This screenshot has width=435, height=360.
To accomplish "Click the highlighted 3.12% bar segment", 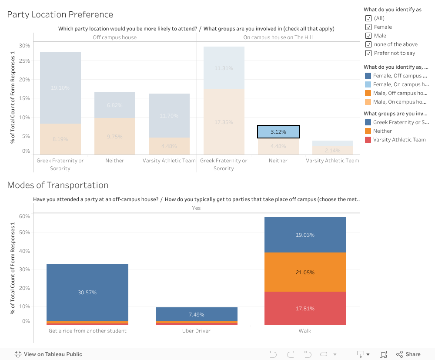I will click(278, 132).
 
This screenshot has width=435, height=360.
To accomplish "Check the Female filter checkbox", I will click(368, 27).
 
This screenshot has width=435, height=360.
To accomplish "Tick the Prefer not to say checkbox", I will click(368, 53).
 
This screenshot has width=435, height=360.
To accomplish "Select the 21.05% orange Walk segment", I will click(305, 272).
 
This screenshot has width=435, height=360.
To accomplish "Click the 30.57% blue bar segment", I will click(87, 292).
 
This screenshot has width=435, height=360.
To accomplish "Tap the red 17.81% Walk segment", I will click(305, 308).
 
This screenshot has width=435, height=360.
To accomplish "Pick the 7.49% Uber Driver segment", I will click(196, 314).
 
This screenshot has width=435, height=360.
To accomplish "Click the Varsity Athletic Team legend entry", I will click(399, 140).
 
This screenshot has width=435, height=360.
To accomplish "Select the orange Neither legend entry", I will click(382, 131).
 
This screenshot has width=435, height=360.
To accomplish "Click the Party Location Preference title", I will click(60, 14).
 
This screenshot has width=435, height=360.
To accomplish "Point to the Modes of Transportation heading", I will click(57, 185).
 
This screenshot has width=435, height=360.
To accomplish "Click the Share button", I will click(408, 354).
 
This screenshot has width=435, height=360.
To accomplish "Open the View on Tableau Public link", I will click(48, 354).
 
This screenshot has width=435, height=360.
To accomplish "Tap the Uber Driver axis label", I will click(196, 331).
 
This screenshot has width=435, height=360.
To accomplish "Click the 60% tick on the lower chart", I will click(24, 216).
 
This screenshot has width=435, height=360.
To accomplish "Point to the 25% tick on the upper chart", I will click(24, 61).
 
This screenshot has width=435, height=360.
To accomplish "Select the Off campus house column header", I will click(115, 37).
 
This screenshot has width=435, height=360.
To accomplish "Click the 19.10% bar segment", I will click(60, 87).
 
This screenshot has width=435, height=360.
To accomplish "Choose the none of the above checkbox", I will click(368, 44).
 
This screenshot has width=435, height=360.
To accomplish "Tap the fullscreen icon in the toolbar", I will click(383, 354).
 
